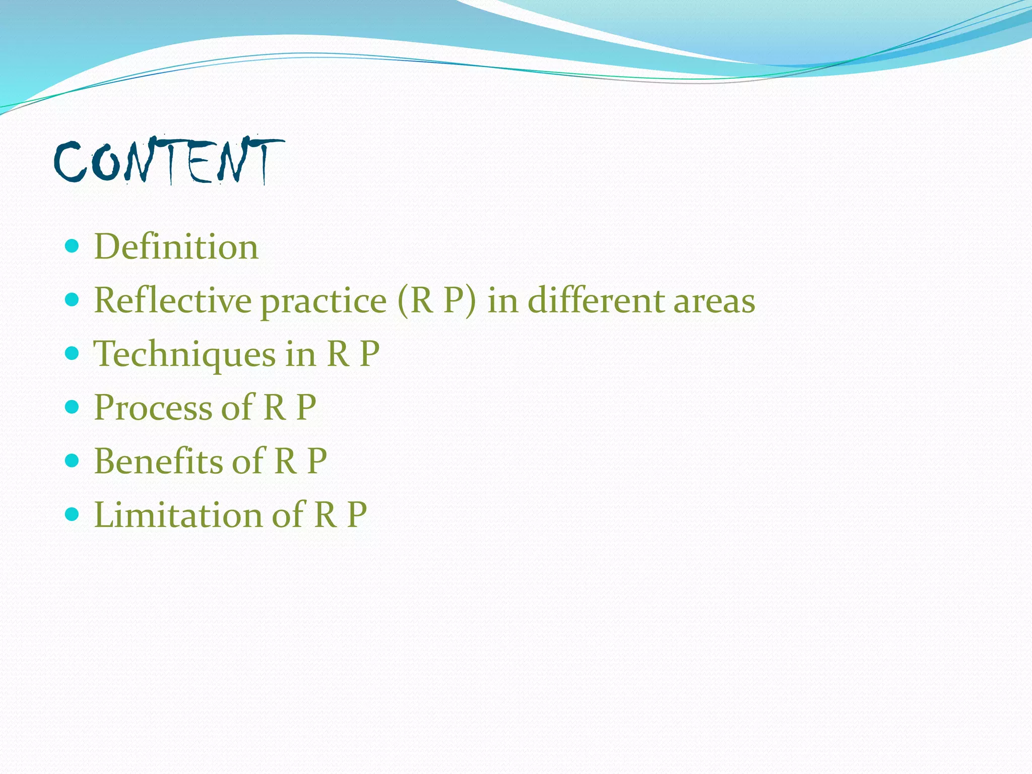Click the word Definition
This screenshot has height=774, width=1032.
(x=176, y=247)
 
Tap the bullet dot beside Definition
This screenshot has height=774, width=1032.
(x=73, y=246)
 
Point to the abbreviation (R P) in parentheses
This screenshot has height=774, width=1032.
(x=436, y=301)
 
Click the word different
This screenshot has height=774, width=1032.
(x=595, y=300)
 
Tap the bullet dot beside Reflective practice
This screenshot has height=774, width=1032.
(x=73, y=300)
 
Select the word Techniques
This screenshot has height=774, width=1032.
(x=184, y=355)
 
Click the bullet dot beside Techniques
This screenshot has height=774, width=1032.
(x=73, y=353)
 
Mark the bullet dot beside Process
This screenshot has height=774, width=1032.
(x=73, y=407)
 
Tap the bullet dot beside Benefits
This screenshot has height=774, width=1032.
(x=73, y=460)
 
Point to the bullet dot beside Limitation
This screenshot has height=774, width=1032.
(x=73, y=514)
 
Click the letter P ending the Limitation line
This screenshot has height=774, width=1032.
(x=357, y=515)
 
